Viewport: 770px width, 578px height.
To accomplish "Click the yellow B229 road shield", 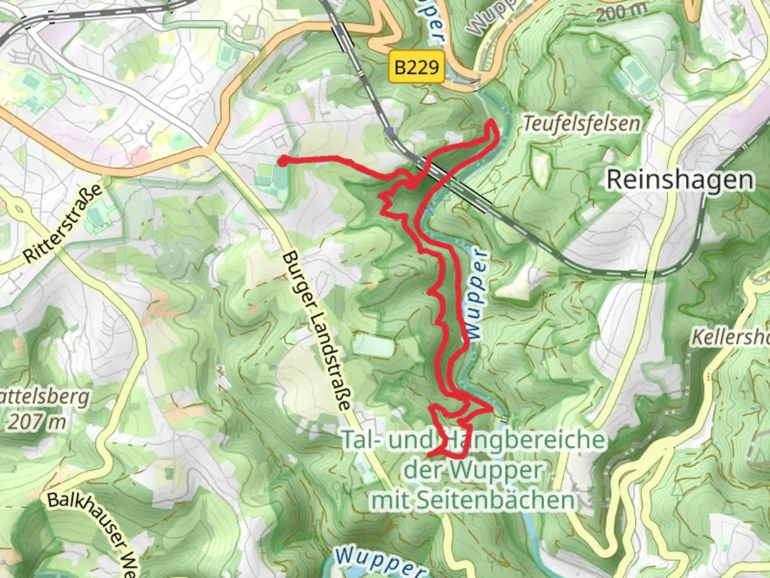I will tap(417, 67).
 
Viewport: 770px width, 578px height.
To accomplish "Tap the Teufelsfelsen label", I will tap(581, 124).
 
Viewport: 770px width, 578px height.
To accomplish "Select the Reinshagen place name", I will tap(680, 180).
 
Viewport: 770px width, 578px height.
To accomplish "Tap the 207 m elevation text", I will tap(36, 422).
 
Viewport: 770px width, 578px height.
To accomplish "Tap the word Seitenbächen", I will tap(510, 501).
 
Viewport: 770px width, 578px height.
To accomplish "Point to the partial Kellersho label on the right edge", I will tap(730, 337).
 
